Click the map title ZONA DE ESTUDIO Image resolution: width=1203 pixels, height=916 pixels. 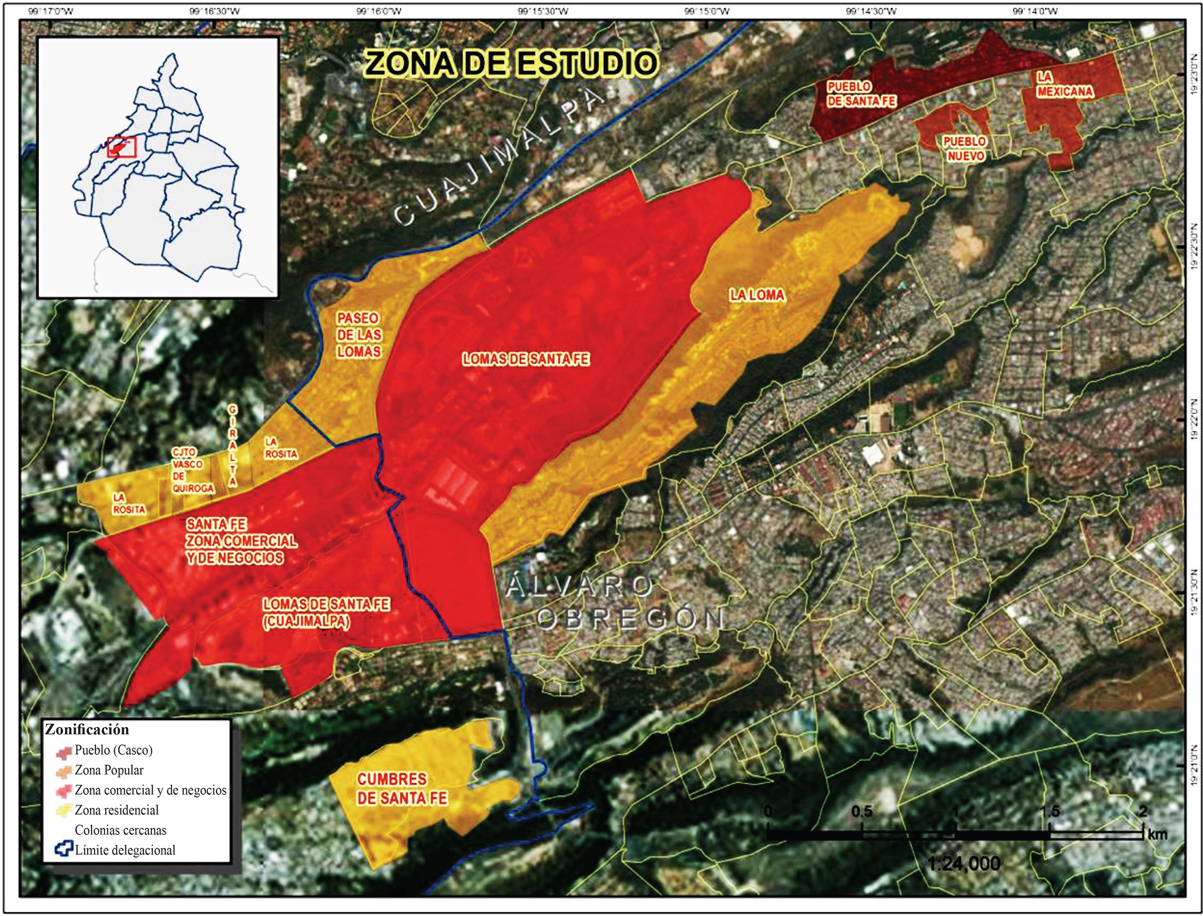[x=511, y=64]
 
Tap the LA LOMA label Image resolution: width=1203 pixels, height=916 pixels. [x=757, y=295]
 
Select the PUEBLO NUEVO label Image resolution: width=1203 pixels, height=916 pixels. [x=965, y=149]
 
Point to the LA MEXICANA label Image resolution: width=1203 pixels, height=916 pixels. [x=1064, y=85]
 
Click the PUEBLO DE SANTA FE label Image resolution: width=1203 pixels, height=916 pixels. [x=861, y=94]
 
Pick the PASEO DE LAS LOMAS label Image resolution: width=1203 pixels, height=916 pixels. [x=358, y=335]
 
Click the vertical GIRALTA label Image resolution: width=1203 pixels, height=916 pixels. [x=233, y=446]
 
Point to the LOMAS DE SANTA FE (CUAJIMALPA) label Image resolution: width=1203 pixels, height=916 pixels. [x=326, y=613]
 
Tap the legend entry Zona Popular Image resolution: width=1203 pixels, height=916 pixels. [x=109, y=770]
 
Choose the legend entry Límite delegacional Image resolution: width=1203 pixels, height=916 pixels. [x=125, y=850]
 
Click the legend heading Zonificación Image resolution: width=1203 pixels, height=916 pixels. [x=87, y=729]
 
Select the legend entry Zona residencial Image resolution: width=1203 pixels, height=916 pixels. [x=116, y=810]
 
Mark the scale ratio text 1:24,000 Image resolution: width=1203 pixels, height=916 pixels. [x=964, y=863]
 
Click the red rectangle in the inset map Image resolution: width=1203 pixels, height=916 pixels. [x=121, y=147]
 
